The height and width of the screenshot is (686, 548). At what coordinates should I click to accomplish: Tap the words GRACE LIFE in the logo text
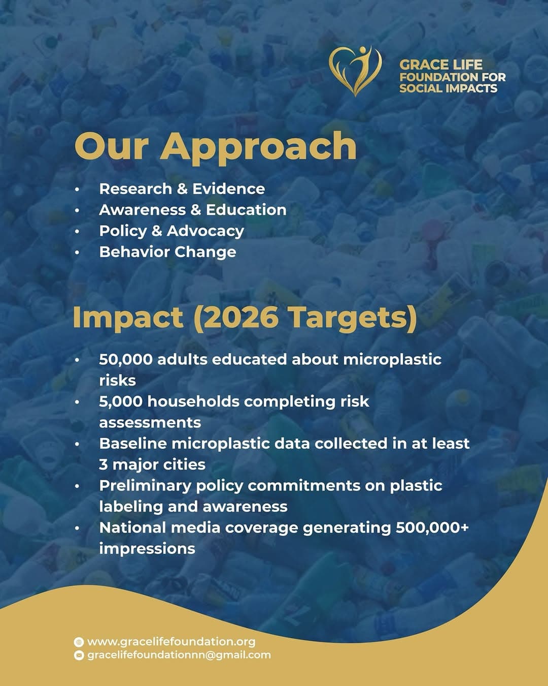pyautogui.click(x=441, y=65)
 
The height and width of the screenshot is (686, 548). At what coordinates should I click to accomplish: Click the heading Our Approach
pyautogui.click(x=215, y=147)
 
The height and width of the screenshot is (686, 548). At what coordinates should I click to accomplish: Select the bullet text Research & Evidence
pyautogui.click(x=182, y=189)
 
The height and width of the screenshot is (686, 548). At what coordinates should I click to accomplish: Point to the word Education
pyautogui.click(x=246, y=210)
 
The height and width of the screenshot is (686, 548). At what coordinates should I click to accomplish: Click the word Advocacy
pyautogui.click(x=205, y=231)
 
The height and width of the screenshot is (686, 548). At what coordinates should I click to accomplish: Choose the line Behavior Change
pyautogui.click(x=167, y=252)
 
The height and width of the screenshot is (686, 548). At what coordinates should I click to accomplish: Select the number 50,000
pyautogui.click(x=126, y=360)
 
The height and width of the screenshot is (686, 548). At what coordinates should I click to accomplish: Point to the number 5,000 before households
pyautogui.click(x=121, y=401)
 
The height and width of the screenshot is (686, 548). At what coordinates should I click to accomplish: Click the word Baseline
pyautogui.click(x=133, y=444)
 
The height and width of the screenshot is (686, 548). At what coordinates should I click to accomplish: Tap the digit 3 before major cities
pyautogui.click(x=104, y=464)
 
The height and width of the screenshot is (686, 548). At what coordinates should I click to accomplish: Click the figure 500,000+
pyautogui.click(x=432, y=527)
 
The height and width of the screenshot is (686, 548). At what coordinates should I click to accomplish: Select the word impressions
pyautogui.click(x=147, y=549)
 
